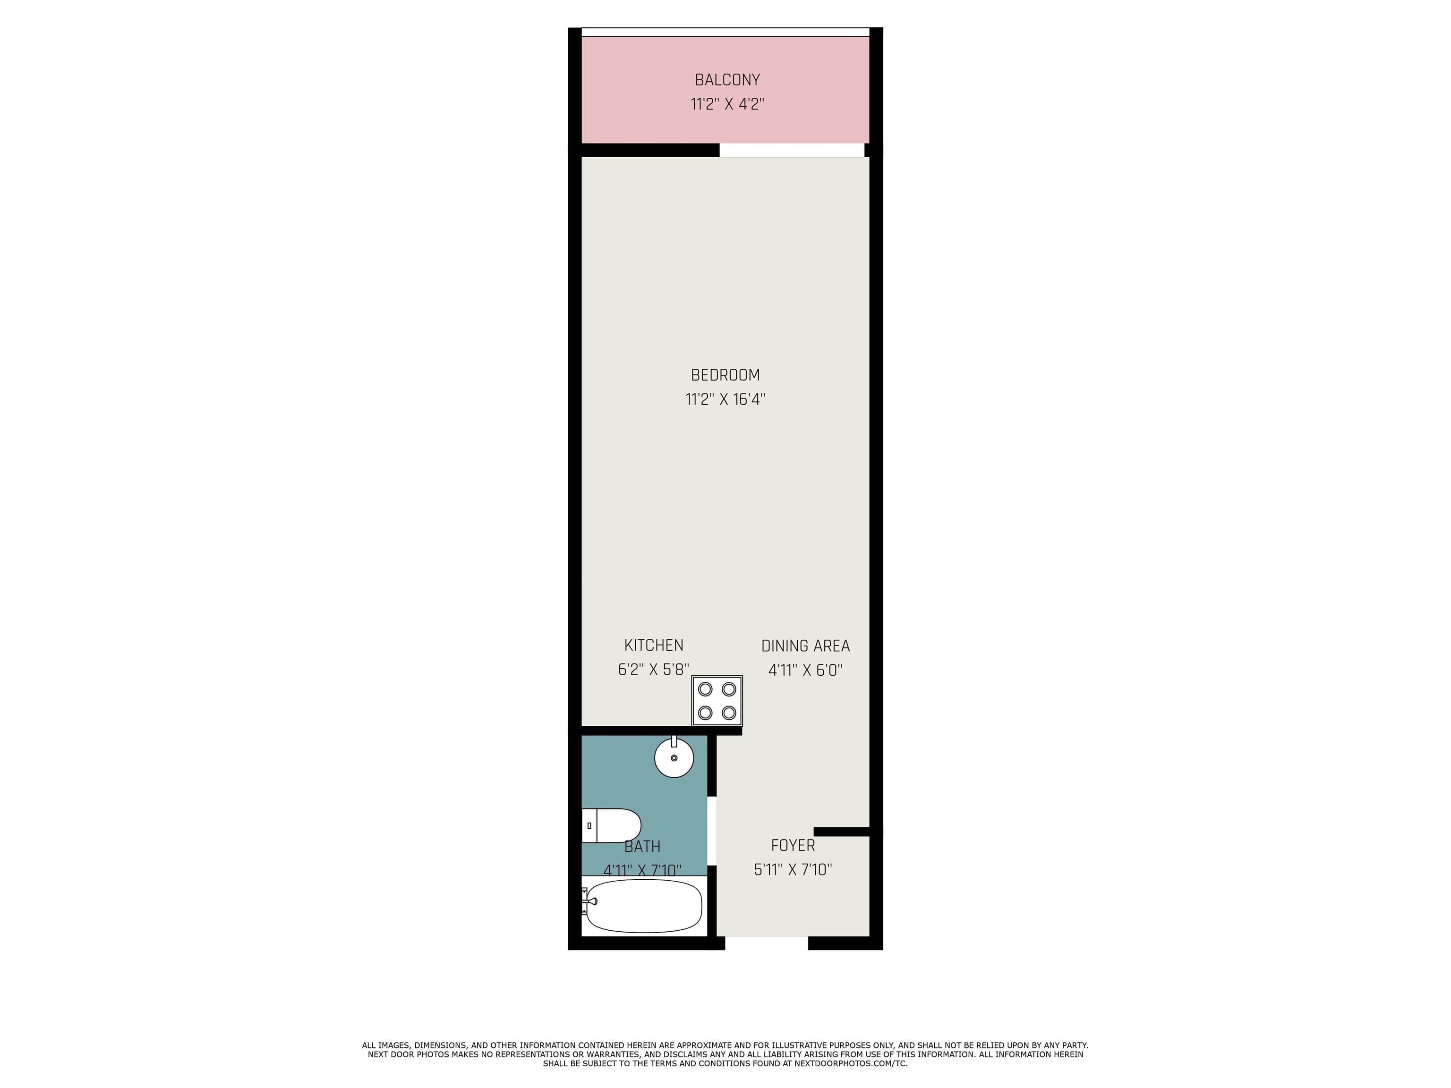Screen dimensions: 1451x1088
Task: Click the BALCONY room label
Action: coord(727,80)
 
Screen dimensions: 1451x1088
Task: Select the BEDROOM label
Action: coord(725,375)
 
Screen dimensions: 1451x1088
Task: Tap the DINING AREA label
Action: coord(805,646)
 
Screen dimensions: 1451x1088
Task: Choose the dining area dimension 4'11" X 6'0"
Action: coord(805,670)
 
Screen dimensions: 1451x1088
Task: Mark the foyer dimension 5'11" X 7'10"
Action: coord(793,870)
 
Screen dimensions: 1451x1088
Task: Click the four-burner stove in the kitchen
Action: coord(717,700)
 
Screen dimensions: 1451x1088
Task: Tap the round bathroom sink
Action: coord(674,757)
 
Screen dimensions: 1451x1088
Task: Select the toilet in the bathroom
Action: coord(611,825)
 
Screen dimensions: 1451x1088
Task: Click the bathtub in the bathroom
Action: coord(643,906)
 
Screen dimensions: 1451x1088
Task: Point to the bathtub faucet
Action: coord(589,901)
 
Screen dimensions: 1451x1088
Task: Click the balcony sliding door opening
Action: coord(792,150)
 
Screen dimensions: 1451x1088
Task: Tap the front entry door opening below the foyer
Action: coord(766,943)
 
